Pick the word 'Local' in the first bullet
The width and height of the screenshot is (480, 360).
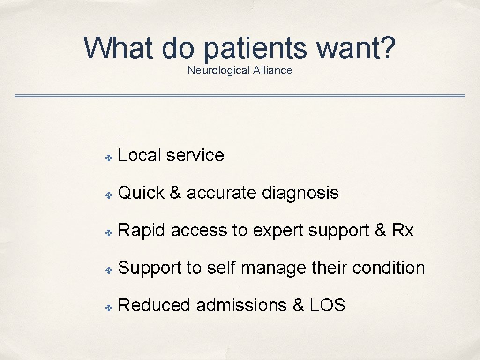[140, 155]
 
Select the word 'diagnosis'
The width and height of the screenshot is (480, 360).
[300, 193]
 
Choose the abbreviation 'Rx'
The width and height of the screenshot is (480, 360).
[403, 230]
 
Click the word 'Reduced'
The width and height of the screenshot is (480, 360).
[155, 305]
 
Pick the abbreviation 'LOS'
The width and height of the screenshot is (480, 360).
[328, 305]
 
